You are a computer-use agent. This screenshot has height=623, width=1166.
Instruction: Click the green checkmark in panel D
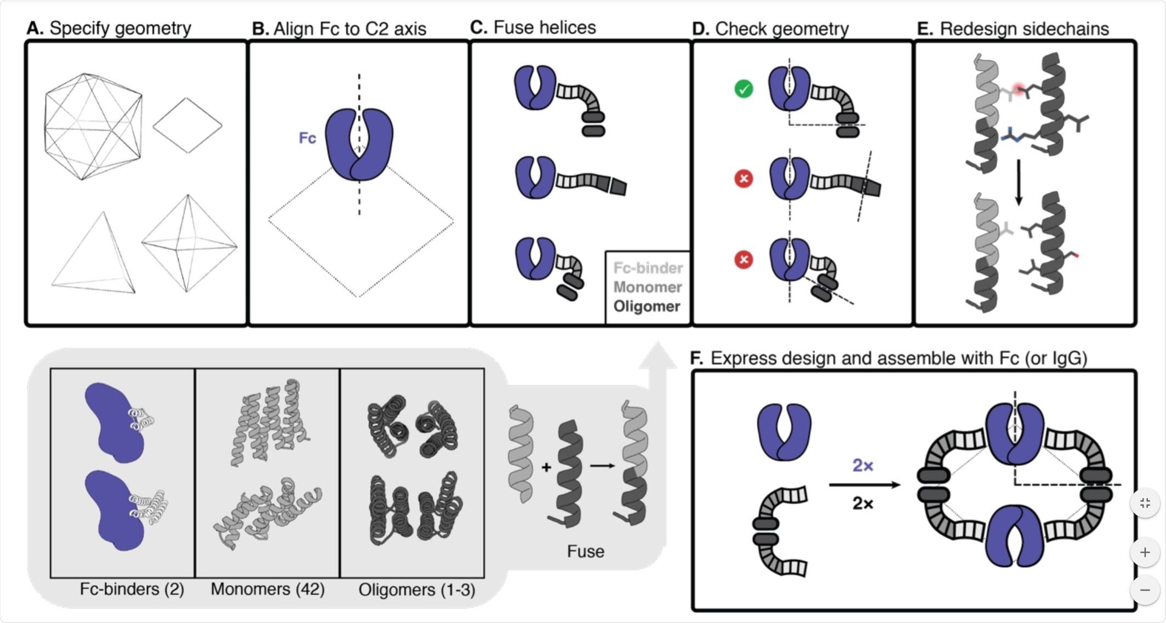[744, 89]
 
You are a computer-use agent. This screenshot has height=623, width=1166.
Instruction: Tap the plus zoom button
[1145, 552]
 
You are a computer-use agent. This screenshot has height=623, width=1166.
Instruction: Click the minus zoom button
[1145, 590]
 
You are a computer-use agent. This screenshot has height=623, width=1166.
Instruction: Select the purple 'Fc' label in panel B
[307, 138]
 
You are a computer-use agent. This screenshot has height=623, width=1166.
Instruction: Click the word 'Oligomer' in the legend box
[647, 306]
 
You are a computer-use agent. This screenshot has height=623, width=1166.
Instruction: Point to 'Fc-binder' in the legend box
[648, 268]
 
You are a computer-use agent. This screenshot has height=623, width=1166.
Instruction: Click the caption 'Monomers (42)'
[267, 589]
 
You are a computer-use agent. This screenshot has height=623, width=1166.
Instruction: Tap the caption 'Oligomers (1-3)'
[416, 590]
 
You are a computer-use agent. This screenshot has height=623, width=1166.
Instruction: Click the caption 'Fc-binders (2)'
[132, 589]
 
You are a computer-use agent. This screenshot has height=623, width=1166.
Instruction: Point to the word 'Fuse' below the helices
[585, 551]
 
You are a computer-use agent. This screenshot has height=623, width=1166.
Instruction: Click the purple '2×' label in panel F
[862, 465]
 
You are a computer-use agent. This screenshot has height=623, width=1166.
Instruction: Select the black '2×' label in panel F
[862, 503]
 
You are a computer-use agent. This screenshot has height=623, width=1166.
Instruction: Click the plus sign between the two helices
[546, 467]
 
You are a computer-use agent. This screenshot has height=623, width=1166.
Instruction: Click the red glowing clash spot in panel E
[1019, 89]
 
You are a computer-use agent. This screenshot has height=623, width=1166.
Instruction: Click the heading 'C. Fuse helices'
[533, 27]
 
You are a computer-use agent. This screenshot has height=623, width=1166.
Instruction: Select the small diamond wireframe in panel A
[187, 125]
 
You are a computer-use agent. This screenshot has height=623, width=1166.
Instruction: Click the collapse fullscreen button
[1145, 503]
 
